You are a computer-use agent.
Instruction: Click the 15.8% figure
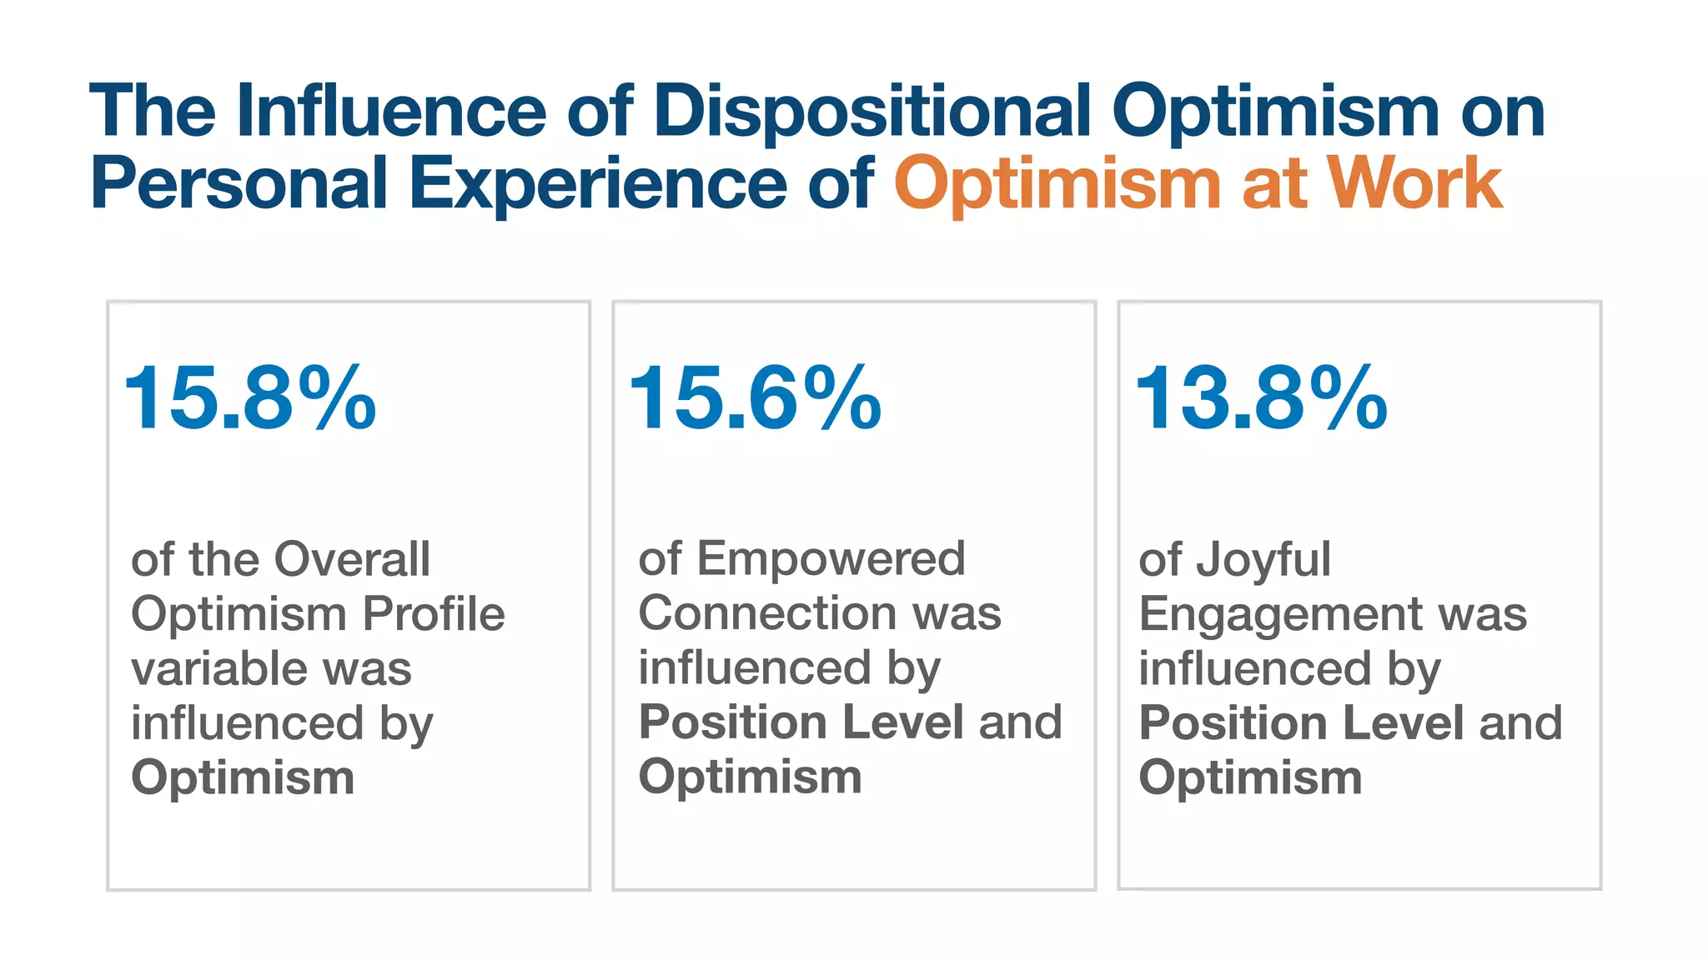[x=249, y=399]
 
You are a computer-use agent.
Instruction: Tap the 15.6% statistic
[x=755, y=399]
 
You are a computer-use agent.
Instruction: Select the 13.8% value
[x=1261, y=399]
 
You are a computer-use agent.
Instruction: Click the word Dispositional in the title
[x=872, y=111]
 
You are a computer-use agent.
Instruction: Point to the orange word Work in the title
[x=1414, y=183]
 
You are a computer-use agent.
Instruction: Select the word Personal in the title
[x=239, y=183]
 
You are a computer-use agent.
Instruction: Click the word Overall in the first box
[x=352, y=559]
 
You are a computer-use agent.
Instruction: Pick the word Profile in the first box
[x=434, y=614]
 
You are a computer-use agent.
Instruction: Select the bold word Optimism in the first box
[x=243, y=777]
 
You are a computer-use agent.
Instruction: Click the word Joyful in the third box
[x=1263, y=559]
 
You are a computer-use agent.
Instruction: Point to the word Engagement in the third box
[x=1280, y=614]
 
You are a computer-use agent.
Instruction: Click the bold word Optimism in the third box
[x=1250, y=777]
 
